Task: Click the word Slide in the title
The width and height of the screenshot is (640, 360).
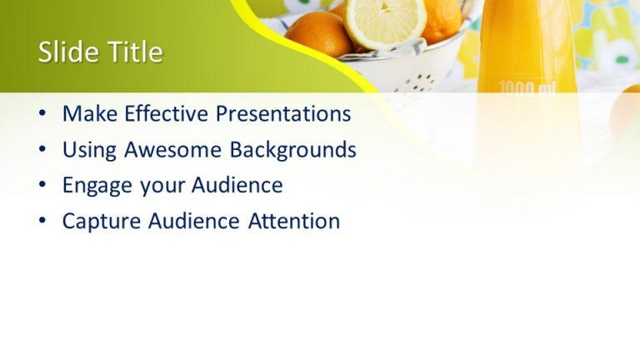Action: coord(67,52)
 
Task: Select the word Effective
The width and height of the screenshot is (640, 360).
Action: coord(167,113)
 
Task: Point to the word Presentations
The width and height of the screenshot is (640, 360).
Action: coord(283,113)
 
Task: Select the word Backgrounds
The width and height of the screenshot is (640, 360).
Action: coord(293,149)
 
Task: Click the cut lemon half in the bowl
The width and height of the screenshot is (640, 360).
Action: coord(384,20)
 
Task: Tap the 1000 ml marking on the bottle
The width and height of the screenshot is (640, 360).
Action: coord(526,87)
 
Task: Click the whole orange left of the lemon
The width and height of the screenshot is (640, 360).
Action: coord(318,33)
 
